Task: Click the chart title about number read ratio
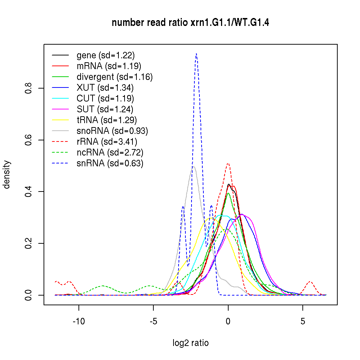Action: tap(190, 23)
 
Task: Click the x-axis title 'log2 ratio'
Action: tap(190, 343)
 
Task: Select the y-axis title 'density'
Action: tap(7, 175)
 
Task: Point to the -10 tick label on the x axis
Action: tap(79, 321)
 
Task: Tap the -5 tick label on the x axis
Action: tap(153, 321)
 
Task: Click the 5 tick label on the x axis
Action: tap(303, 321)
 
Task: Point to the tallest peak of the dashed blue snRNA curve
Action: tap(196, 54)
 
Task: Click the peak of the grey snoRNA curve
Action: tap(193, 166)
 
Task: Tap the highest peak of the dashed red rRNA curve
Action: tap(228, 163)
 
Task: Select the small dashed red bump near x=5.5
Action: tap(310, 282)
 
